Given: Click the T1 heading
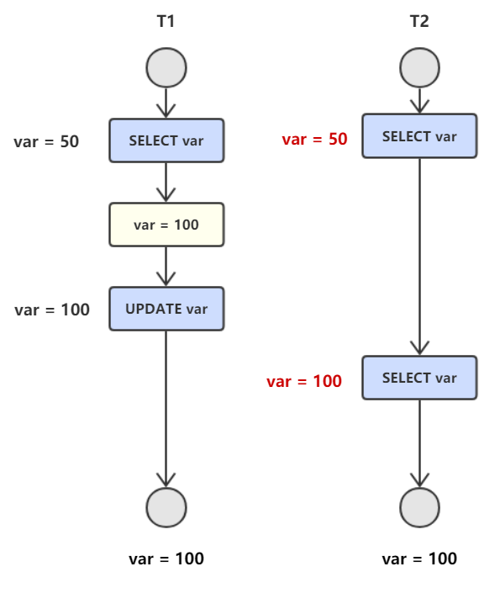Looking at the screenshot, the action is pos(166,21).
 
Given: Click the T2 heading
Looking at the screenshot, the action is pos(419,21).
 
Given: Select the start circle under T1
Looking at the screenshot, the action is pos(166,67).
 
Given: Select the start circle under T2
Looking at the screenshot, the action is pos(419,67).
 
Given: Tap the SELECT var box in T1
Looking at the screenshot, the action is pos(166,140).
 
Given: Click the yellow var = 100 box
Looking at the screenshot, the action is pos(166,225).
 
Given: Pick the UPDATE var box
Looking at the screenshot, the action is pos(166,309).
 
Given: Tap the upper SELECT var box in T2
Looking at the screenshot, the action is pos(419,135).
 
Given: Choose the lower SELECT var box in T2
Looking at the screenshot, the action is pos(419,378).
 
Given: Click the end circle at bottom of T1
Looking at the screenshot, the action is pos(166,507).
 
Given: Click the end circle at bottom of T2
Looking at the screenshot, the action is pos(419,507).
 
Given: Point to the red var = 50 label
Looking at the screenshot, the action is pos(314,139).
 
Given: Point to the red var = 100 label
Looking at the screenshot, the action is pos(304,381).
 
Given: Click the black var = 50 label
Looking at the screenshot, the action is pos(46,142).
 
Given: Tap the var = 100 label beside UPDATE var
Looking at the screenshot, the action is pos(52,310).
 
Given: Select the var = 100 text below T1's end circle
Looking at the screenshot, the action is pos(166,559).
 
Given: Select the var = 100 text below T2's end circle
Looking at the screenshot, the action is pos(419,559).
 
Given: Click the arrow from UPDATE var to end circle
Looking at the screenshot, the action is pos(166,409).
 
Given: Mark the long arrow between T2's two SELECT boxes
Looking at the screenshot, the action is pos(419,257).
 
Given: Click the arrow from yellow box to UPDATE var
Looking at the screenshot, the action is pos(166,267).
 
